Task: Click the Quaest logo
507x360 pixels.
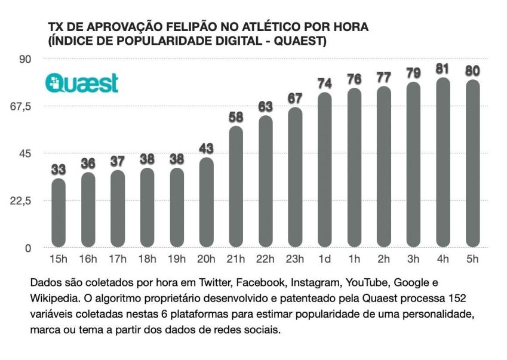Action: point(82,83)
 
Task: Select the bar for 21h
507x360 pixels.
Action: point(236,186)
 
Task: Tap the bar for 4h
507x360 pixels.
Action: point(443,162)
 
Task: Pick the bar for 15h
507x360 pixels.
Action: point(59,213)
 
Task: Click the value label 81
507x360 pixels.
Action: point(443,69)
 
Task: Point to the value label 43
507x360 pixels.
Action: point(206,148)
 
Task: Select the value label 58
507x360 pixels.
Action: point(236,117)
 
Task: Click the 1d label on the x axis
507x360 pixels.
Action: point(324,259)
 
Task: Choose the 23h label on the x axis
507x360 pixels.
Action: point(295,259)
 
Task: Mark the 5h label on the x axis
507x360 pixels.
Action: point(472,259)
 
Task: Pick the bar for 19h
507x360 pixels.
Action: point(177,207)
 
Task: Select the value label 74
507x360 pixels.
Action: point(324,83)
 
